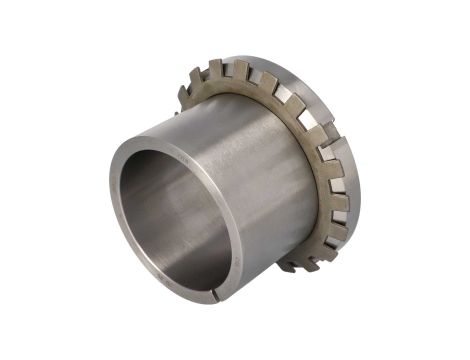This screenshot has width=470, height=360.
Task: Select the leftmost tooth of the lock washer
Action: click(184, 94)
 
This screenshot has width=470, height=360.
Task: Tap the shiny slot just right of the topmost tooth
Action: click(255, 76)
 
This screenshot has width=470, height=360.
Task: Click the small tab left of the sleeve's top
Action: click(176, 112)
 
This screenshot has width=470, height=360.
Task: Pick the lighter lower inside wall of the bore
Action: click(190, 255)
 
